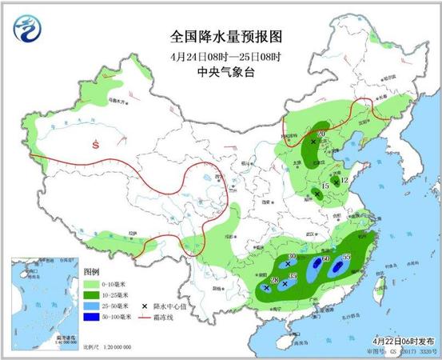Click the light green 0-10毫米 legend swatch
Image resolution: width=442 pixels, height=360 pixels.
[x=92, y=283]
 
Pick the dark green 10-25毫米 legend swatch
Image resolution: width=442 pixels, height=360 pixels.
[x=92, y=294]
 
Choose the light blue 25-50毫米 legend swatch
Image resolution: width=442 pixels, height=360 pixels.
[x=92, y=306]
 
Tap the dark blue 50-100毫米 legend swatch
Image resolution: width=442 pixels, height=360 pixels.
[x=92, y=317]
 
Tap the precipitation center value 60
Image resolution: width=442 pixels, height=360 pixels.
[x=325, y=259]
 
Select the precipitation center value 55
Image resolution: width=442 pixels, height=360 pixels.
[x=346, y=257]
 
